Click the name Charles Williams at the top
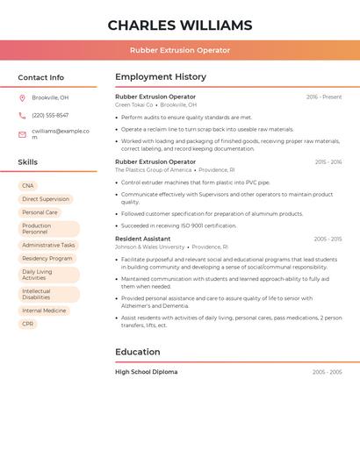[179, 25]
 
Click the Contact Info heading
[40, 77]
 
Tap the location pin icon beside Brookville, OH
[22, 98]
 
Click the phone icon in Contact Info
[22, 115]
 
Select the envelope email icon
[22, 134]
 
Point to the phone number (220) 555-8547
[50, 115]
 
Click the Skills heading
[28, 162]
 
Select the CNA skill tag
[28, 186]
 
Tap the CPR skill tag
[28, 324]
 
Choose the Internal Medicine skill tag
[44, 311]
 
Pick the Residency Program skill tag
[47, 259]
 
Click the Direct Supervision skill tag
[46, 199]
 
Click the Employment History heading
[161, 77]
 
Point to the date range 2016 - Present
[324, 97]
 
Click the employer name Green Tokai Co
[134, 104]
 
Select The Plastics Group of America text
[153, 170]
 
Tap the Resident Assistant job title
[143, 239]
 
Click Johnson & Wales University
[150, 247]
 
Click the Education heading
[138, 352]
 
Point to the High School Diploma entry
[146, 372]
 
